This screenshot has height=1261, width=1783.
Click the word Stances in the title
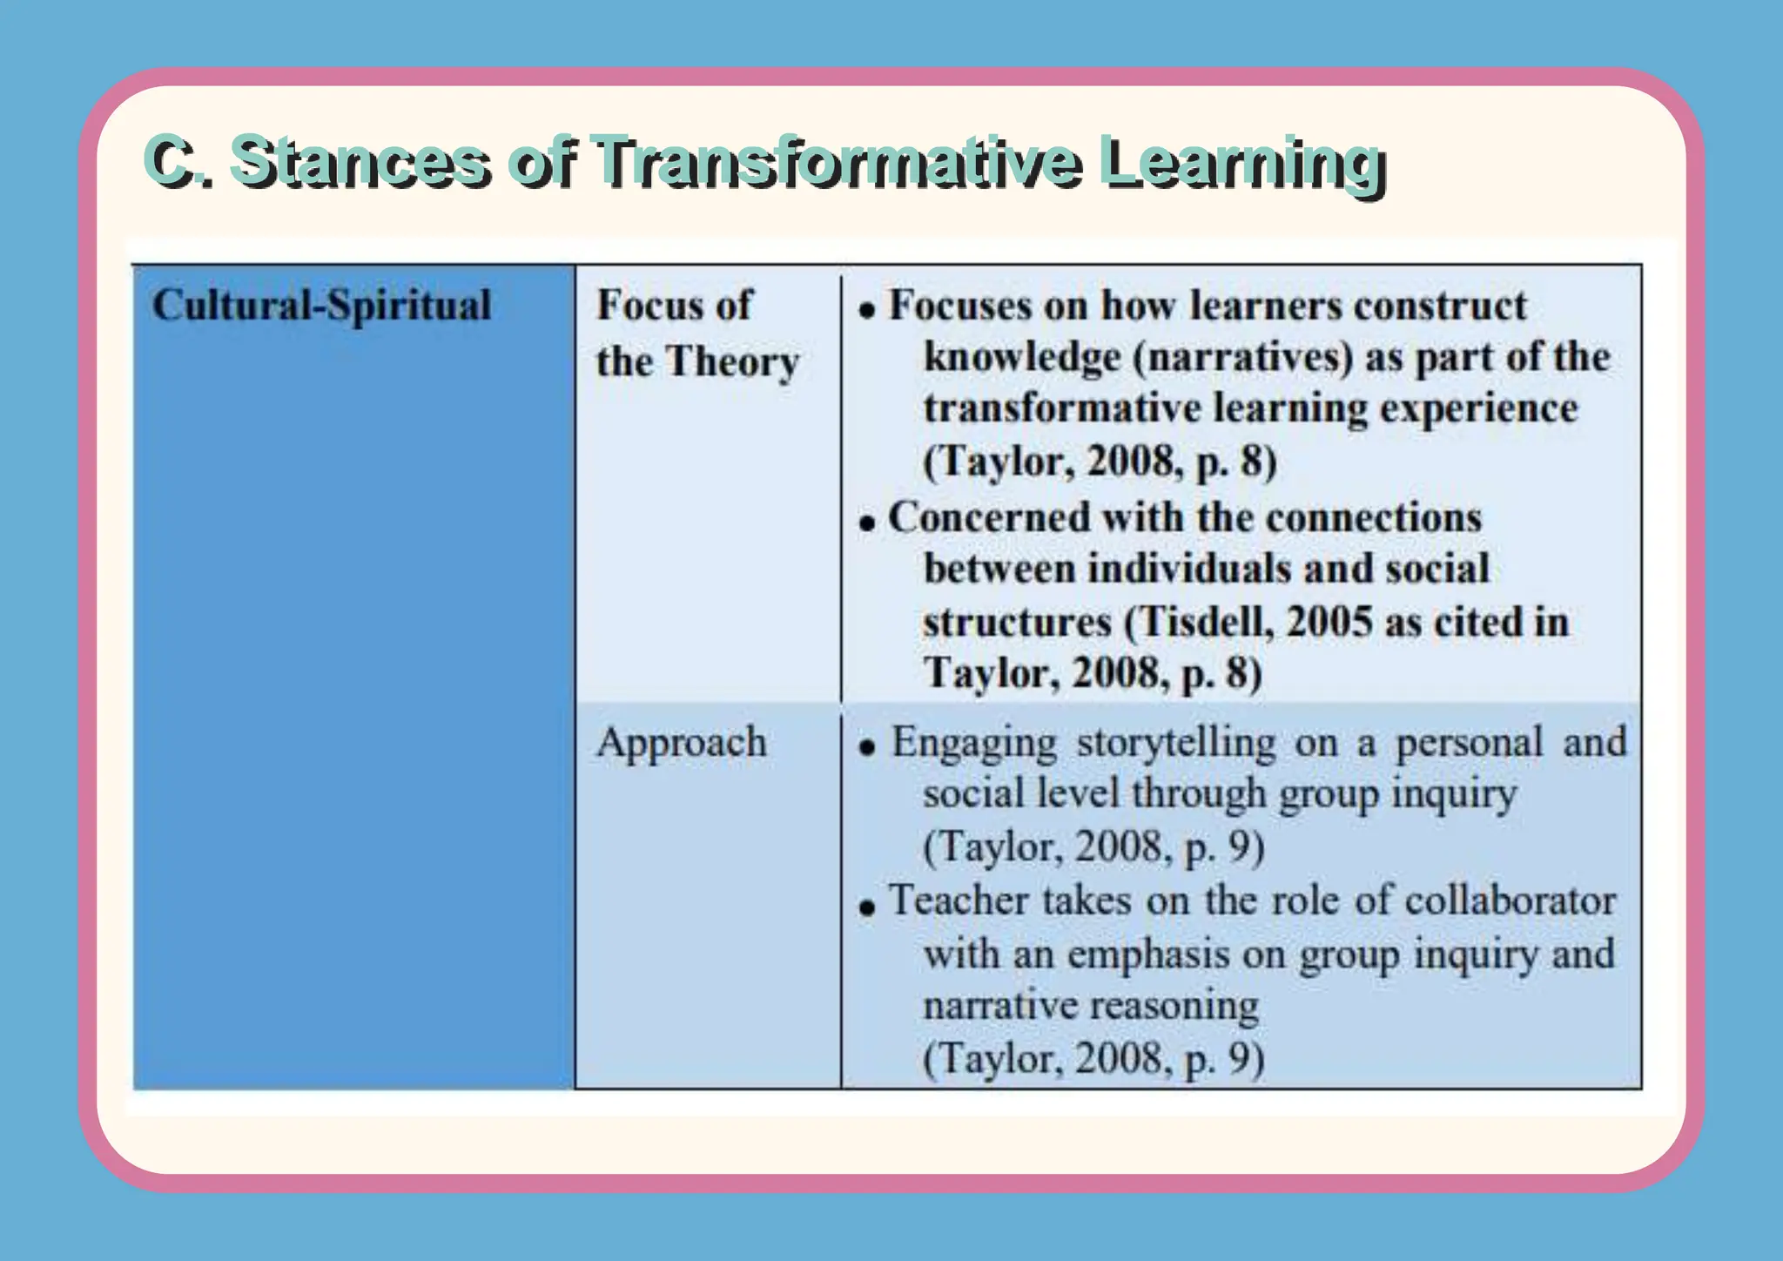coord(359,163)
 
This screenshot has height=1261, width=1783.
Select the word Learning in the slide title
coord(1241,163)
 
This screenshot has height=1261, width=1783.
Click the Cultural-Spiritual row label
coord(321,305)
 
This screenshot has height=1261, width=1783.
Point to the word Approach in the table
coord(681,742)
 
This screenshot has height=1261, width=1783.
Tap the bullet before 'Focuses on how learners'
coord(866,310)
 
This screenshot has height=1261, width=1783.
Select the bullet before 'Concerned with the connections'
coord(866,523)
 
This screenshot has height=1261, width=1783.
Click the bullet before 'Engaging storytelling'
coord(866,747)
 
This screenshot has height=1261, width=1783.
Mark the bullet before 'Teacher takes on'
coord(866,907)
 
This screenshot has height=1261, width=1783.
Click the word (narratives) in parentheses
coord(1243,358)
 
